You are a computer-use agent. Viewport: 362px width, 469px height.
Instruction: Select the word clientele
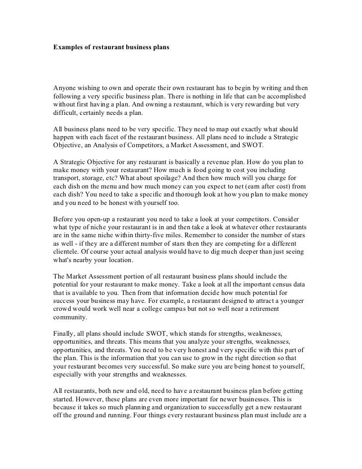click(x=67, y=253)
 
